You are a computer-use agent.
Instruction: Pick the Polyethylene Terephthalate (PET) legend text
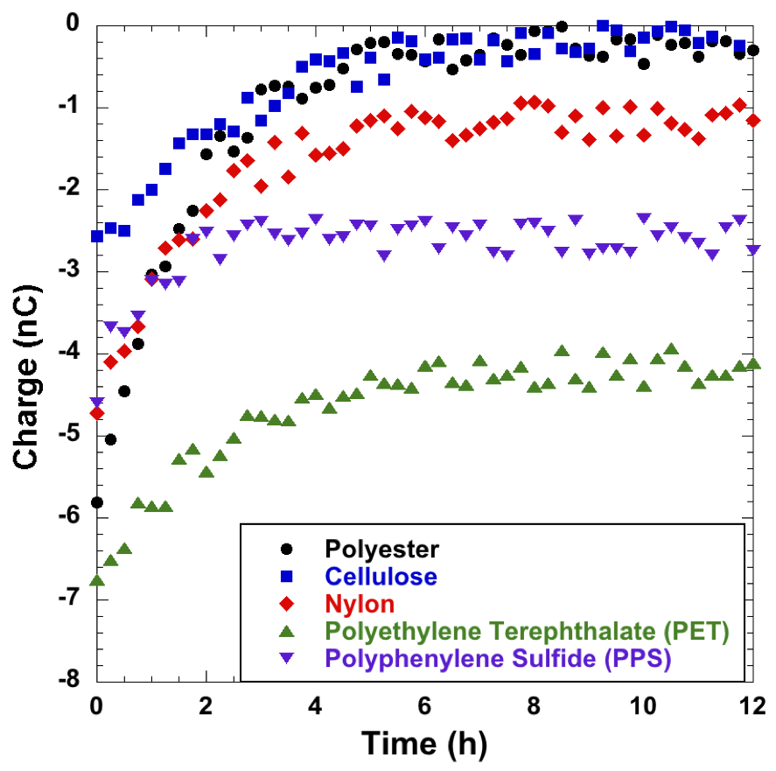coord(527,631)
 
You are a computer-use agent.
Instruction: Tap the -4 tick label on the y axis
coord(72,353)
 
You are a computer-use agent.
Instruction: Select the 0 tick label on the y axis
coord(77,25)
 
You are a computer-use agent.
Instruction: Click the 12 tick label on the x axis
coord(753,705)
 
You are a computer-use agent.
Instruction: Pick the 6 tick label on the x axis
coord(425,705)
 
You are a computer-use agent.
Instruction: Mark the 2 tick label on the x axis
coord(206,705)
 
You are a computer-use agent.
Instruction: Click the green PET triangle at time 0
coord(96,580)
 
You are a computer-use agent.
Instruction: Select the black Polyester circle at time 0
coord(96,502)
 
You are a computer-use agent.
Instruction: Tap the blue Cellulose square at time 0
coord(96,236)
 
